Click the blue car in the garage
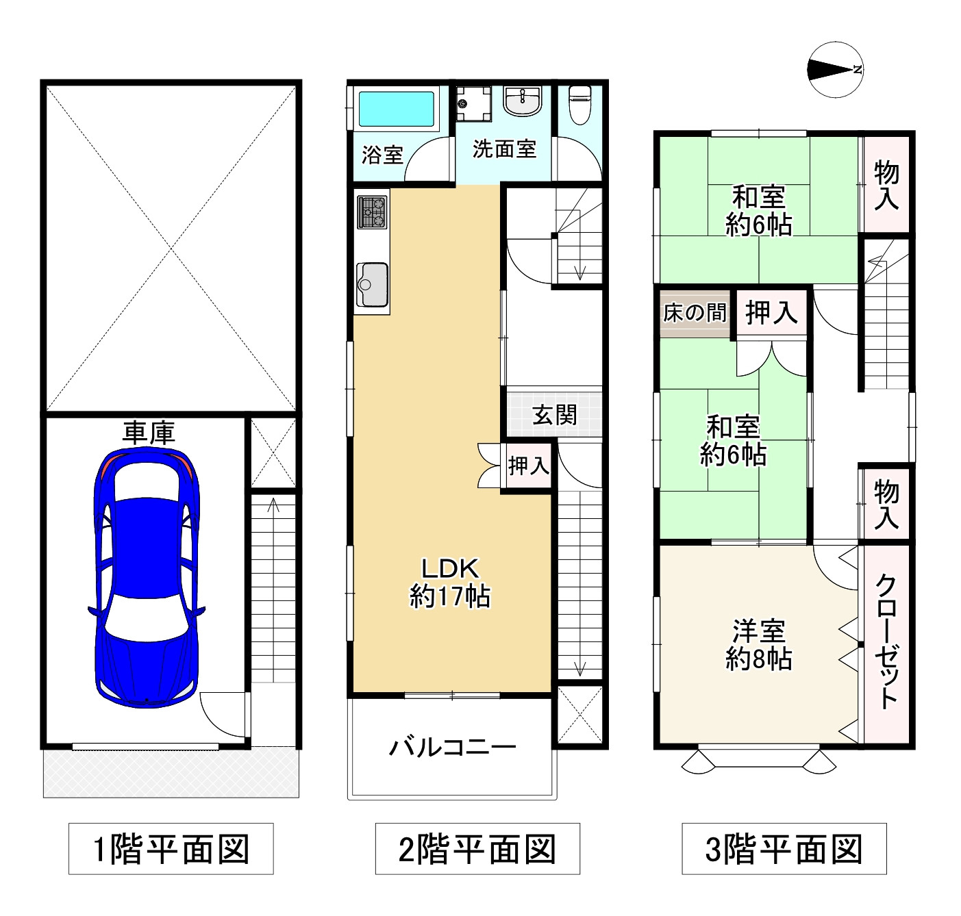tap(147, 577)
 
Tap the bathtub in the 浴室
tap(396, 108)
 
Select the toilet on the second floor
tap(579, 105)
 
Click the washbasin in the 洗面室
tap(522, 101)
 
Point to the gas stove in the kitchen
tap(372, 212)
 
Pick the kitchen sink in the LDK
tap(372, 284)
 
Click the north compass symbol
tap(835, 69)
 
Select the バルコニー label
tap(453, 747)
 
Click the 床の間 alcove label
tap(695, 313)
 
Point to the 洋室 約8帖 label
tap(759, 644)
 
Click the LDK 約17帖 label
tap(450, 583)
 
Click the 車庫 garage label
tap(148, 433)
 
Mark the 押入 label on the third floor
tap(771, 313)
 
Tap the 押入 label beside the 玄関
tap(529, 466)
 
